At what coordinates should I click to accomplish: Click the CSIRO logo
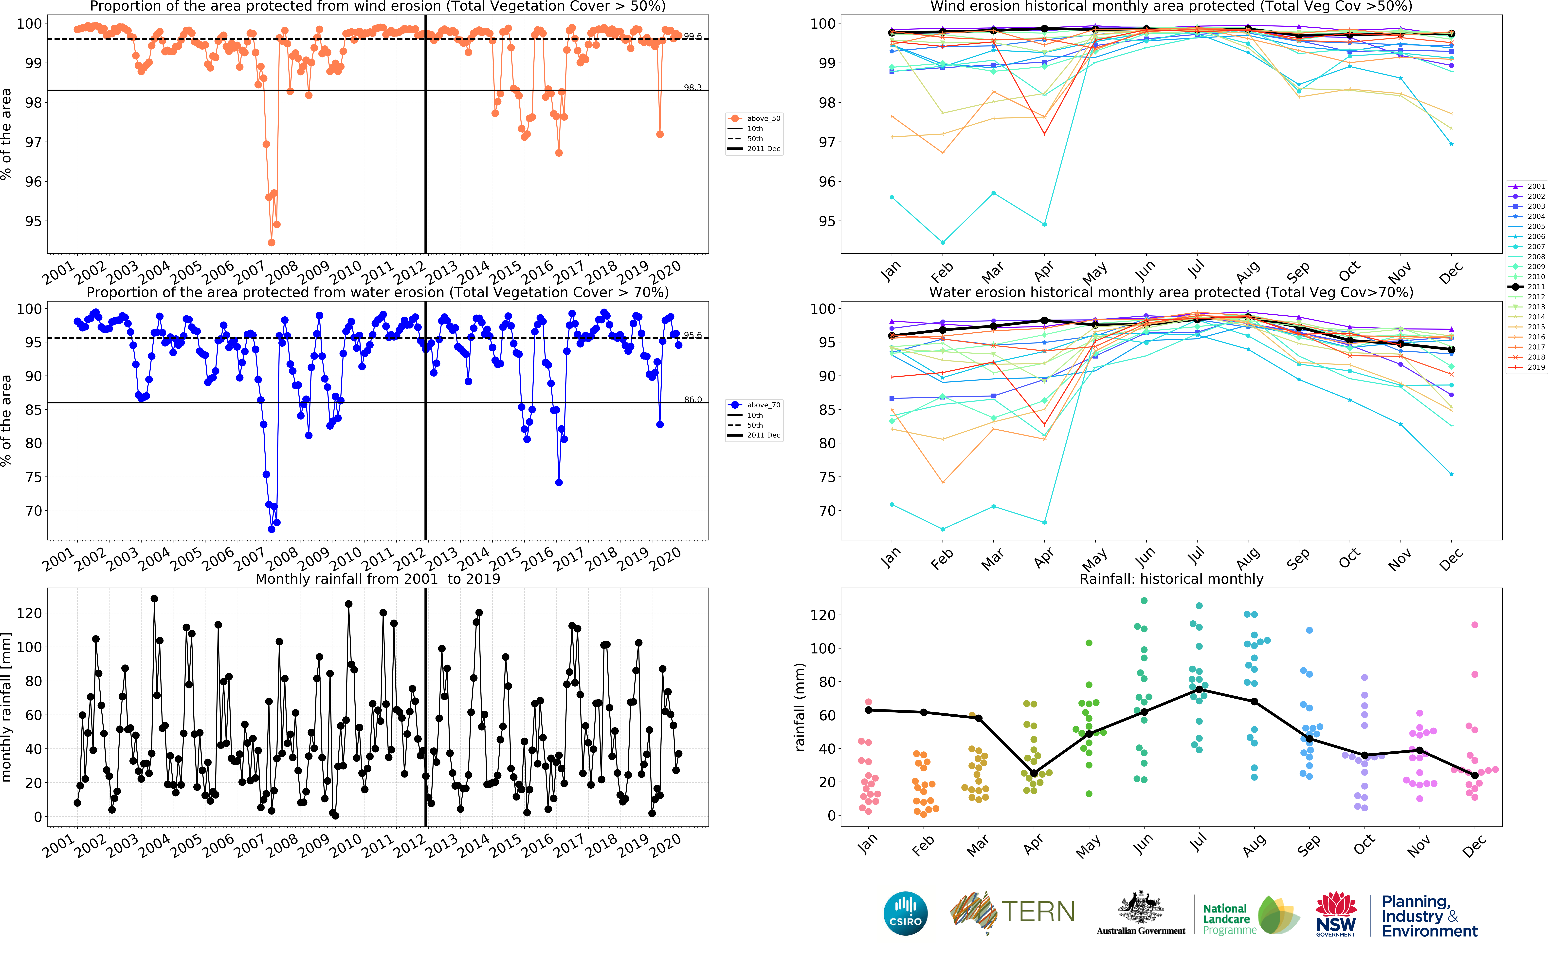(x=906, y=913)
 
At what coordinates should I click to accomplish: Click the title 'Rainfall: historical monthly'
(x=1171, y=579)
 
